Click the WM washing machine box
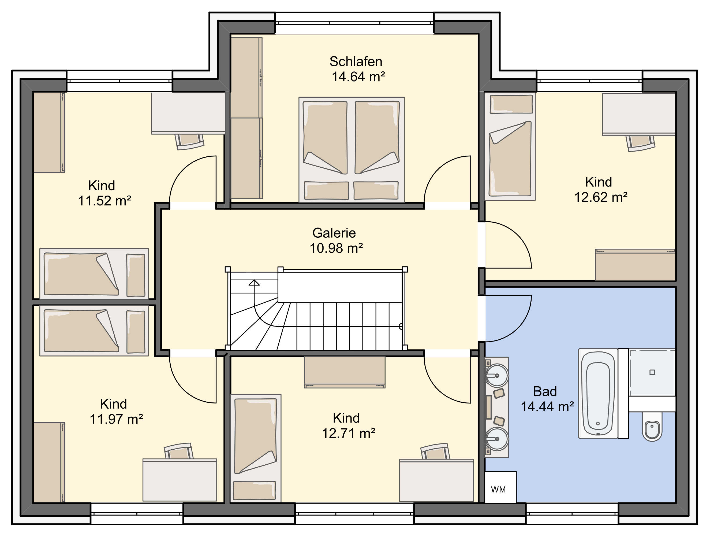click(500, 487)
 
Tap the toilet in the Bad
click(652, 427)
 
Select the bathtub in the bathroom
click(598, 393)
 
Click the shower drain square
click(652, 372)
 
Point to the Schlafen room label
click(356, 61)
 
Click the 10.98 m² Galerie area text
click(336, 248)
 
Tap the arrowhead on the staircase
click(254, 282)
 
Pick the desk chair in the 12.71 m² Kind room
click(435, 451)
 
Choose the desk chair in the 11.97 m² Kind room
click(178, 451)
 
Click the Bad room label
click(545, 391)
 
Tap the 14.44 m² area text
click(547, 406)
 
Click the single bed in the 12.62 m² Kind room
click(510, 146)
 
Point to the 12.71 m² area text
click(349, 433)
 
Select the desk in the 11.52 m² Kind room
click(188, 113)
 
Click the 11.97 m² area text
click(116, 419)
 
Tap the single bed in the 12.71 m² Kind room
click(256, 448)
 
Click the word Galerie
click(334, 233)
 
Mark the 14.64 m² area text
click(358, 76)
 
